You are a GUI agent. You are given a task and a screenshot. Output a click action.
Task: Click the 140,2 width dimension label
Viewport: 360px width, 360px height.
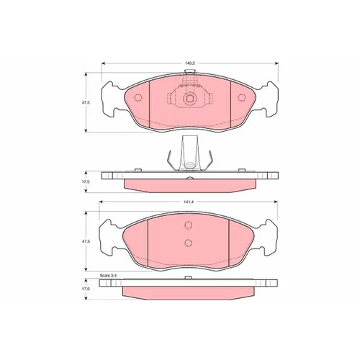[190, 63]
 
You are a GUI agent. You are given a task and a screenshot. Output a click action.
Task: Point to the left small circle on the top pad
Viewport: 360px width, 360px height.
[138, 97]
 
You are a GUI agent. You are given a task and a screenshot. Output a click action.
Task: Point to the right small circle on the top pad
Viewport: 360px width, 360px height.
[242, 97]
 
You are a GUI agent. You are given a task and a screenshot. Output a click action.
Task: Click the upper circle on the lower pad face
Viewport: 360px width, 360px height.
[189, 225]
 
